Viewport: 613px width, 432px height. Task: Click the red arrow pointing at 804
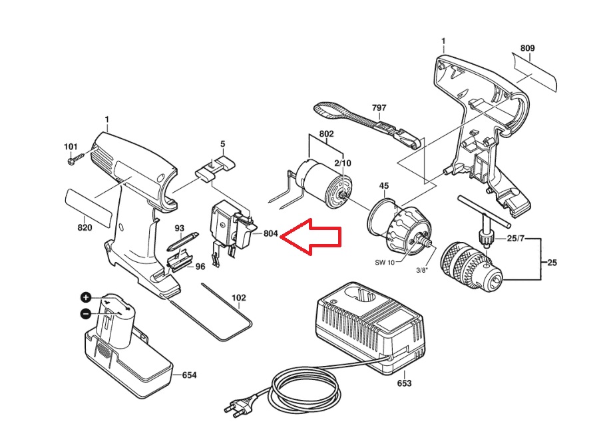[x=311, y=236]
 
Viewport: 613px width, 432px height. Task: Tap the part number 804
[x=270, y=233]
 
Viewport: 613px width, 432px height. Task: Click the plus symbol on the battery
[x=86, y=297]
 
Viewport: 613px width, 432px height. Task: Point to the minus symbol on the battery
[x=86, y=313]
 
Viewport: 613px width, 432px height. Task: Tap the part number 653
[x=404, y=383]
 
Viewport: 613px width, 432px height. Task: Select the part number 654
[x=189, y=375]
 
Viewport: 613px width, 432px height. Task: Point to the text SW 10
[x=385, y=263]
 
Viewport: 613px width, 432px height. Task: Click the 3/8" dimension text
[x=422, y=270]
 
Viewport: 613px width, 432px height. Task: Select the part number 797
[x=379, y=108]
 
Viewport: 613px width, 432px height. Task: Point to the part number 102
[x=239, y=297]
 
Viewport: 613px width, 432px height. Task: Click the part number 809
[x=527, y=48]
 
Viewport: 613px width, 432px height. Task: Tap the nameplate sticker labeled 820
[x=89, y=207]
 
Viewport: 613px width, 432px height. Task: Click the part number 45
[x=384, y=185]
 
